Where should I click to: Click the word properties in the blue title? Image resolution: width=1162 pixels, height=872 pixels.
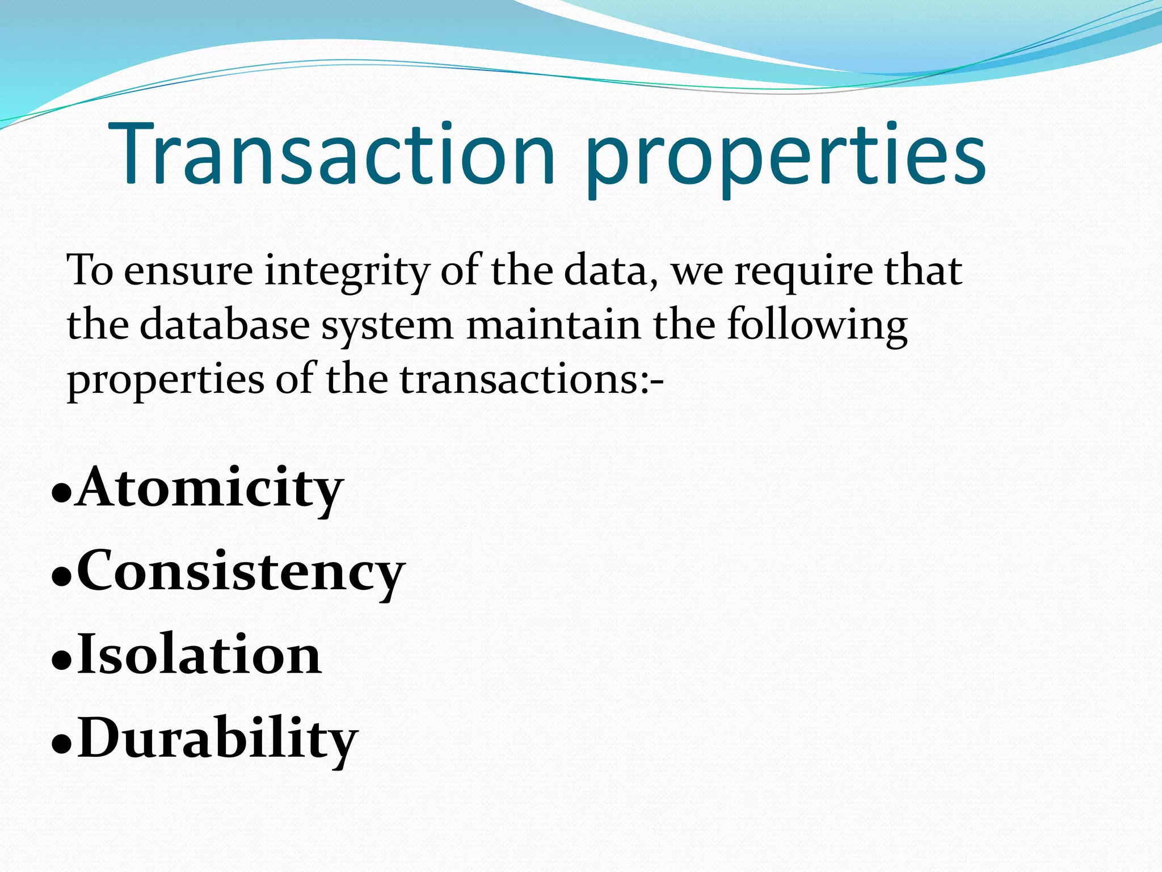coord(786,159)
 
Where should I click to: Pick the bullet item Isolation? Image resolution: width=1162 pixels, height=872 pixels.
coord(199,655)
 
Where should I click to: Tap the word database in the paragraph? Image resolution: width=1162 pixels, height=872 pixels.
coord(225,325)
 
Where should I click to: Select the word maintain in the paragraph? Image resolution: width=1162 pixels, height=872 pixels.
coord(554,325)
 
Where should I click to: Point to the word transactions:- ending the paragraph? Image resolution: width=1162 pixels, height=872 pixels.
coord(532,379)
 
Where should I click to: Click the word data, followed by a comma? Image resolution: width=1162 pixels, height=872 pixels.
coord(612,271)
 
